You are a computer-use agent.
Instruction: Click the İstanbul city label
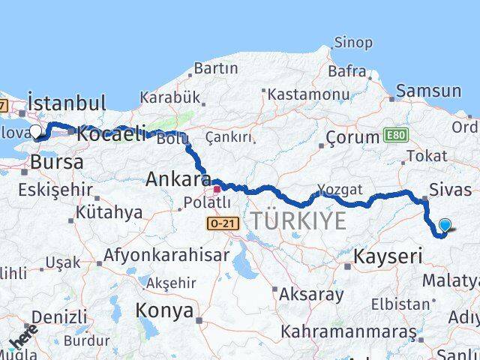67,102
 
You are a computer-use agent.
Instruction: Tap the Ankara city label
178,180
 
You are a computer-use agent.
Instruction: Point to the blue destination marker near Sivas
445,225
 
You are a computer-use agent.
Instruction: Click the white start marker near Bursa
36,132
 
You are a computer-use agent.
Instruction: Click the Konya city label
163,311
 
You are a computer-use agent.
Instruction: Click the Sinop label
352,43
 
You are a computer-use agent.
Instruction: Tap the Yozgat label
340,189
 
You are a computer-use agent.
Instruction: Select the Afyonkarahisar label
166,255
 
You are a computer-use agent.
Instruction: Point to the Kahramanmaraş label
347,331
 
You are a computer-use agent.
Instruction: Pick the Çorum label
352,138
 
